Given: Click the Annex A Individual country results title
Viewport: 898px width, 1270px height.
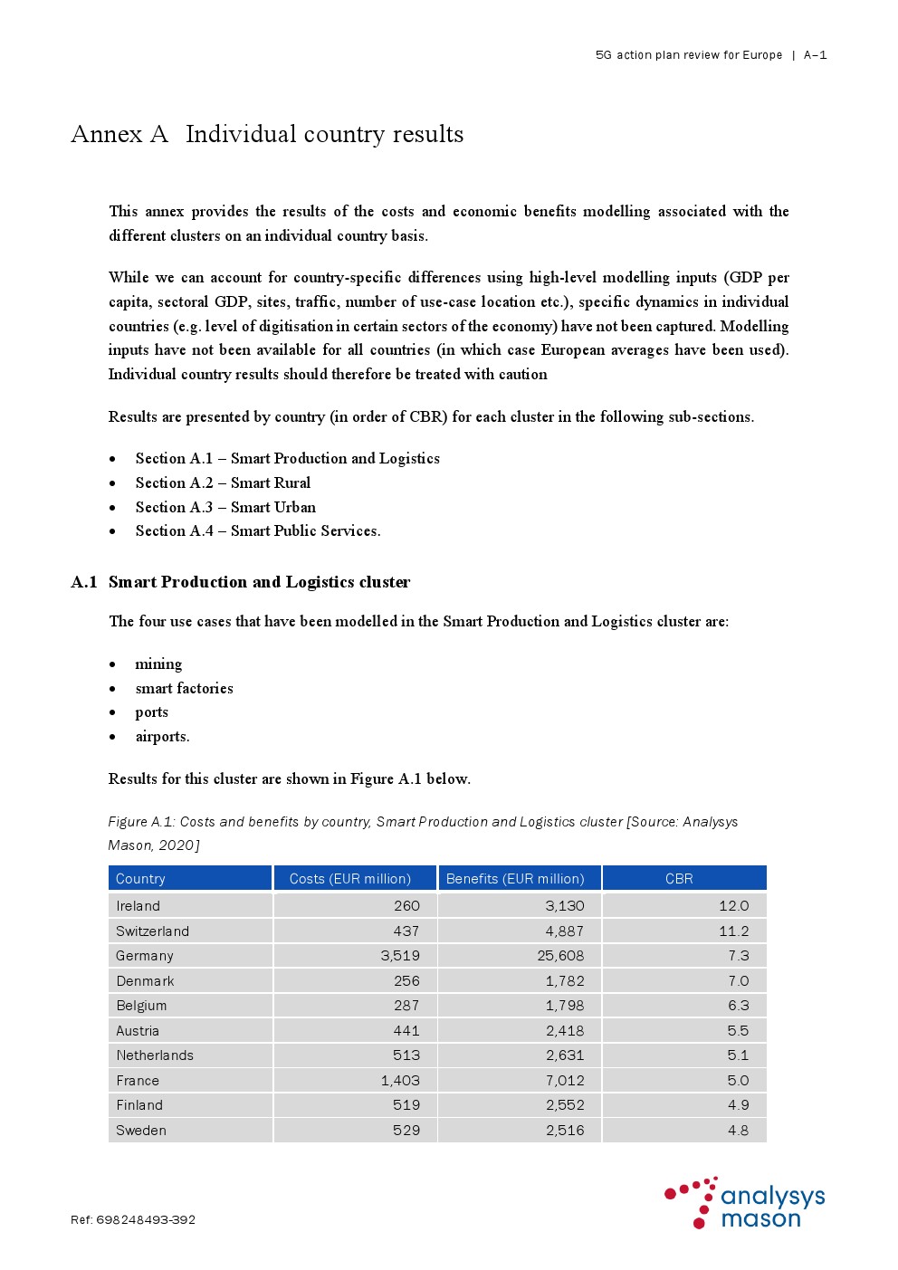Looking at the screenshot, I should tap(267, 135).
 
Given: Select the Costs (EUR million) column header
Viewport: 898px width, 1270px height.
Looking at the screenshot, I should tap(349, 879).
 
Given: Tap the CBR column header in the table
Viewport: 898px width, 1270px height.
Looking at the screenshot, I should tap(679, 879).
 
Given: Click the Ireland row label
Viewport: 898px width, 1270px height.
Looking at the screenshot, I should tap(138, 906).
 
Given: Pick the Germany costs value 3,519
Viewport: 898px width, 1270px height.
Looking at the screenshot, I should tap(400, 956).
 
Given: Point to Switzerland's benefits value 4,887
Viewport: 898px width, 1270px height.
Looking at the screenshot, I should tap(565, 931).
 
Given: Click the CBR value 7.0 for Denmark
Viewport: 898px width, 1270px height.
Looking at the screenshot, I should tap(739, 981).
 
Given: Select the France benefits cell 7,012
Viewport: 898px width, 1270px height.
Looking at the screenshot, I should tap(565, 1081).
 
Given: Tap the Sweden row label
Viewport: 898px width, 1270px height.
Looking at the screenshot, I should tap(141, 1131).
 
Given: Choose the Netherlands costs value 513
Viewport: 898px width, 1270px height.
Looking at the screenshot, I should tap(406, 1055).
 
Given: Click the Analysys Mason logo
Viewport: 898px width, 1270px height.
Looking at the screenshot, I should tap(744, 1203).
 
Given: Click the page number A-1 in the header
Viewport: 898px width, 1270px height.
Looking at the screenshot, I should tap(815, 55).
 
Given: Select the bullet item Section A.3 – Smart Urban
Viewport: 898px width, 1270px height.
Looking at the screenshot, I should tap(225, 508).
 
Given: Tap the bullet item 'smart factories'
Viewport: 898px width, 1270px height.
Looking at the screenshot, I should tap(184, 689).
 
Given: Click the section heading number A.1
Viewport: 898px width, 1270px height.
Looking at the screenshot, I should tap(84, 582).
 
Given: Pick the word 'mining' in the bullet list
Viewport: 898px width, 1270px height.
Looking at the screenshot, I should tap(158, 664).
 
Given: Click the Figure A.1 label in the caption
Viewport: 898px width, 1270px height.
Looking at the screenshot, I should tap(140, 822).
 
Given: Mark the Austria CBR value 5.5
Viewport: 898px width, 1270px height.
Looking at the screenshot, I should tap(738, 1031).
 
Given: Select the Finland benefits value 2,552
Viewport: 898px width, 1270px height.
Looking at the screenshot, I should tap(565, 1105).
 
